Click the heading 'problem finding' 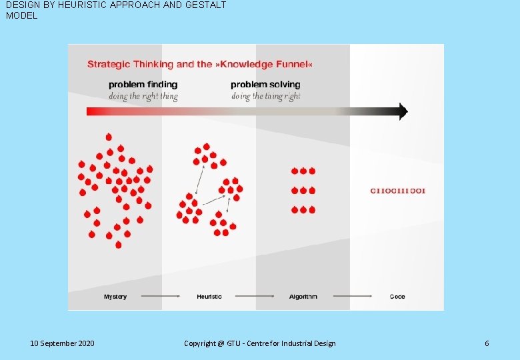coord(143,85)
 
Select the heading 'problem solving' coord(265,85)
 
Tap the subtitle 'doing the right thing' coord(143,96)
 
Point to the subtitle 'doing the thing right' coord(265,96)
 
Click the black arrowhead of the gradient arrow coord(402,111)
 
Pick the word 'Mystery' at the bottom coord(115,297)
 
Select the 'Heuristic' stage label coord(209,297)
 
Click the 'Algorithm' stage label coord(303,297)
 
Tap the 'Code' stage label coord(397,297)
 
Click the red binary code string coord(397,191)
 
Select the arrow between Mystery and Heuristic coord(161,296)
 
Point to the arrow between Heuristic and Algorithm coord(256,296)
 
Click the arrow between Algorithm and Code coord(352,296)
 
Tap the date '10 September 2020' coord(63,343)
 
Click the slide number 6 coord(487,343)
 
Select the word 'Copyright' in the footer coord(199,343)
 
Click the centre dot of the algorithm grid coord(303,191)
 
